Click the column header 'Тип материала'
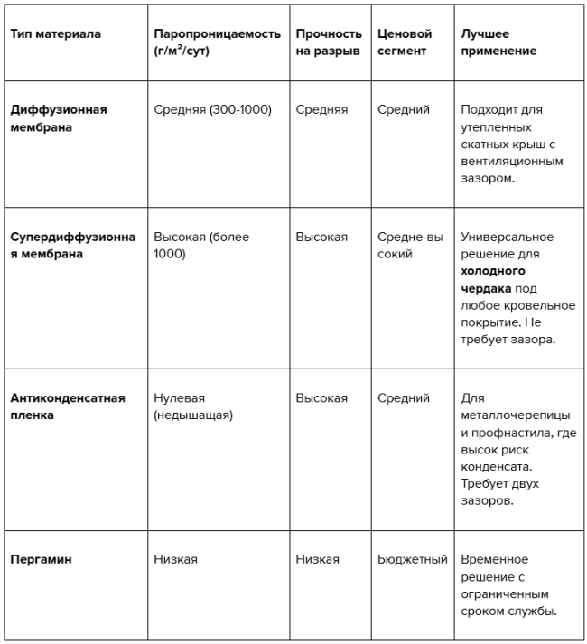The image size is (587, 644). [56, 34]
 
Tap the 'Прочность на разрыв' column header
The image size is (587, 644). [329, 42]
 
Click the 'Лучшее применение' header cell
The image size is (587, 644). [498, 42]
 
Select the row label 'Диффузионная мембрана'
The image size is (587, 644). [59, 118]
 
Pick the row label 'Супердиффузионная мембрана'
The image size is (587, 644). [72, 245]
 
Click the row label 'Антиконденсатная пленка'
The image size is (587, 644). [67, 406]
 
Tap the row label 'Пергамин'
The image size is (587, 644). [41, 559]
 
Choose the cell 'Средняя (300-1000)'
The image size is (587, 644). [212, 110]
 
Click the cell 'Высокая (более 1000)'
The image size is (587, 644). [200, 245]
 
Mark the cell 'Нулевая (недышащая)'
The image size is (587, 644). [193, 406]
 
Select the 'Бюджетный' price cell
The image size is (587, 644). [412, 559]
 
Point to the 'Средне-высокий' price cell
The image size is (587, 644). [411, 245]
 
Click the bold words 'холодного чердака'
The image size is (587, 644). [493, 279]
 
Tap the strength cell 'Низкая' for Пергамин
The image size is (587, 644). [317, 559]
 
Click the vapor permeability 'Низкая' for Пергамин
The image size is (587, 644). [175, 559]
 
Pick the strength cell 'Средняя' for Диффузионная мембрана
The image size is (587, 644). [321, 110]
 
